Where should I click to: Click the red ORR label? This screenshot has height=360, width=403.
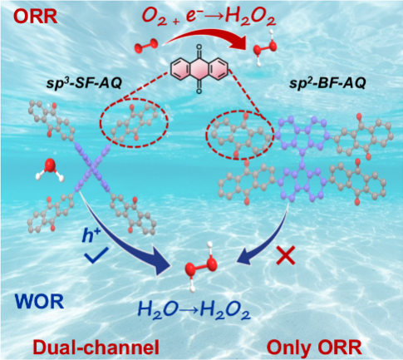(36, 17)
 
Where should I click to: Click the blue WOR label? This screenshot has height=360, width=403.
(40, 302)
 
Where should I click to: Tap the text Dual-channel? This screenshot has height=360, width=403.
(96, 347)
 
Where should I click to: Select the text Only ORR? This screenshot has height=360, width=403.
(314, 347)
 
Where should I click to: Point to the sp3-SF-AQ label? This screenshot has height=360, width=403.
(84, 83)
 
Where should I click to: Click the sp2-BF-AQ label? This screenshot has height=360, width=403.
(327, 83)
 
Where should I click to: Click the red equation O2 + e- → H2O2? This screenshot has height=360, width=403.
(209, 17)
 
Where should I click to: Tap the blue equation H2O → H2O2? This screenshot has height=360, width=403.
(194, 310)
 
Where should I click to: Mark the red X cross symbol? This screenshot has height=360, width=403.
(286, 255)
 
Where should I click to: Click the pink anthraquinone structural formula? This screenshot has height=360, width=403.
(199, 69)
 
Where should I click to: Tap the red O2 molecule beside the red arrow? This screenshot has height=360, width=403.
(147, 47)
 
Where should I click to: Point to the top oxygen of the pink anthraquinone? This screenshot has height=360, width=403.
(199, 47)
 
